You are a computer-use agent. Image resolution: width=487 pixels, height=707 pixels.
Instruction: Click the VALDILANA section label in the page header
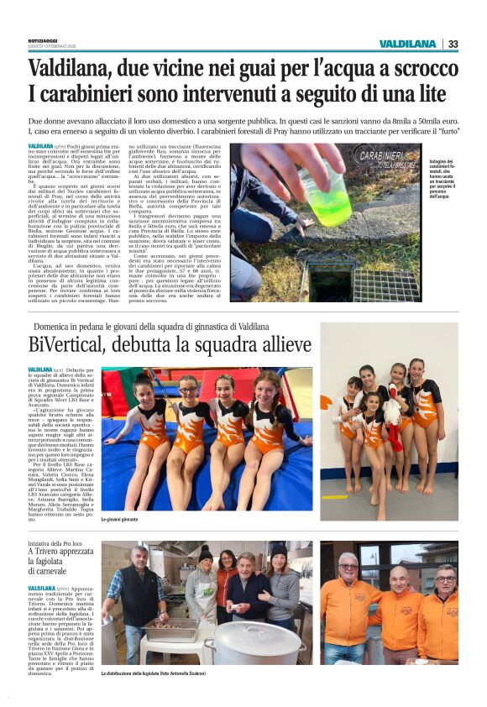tap(407, 44)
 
